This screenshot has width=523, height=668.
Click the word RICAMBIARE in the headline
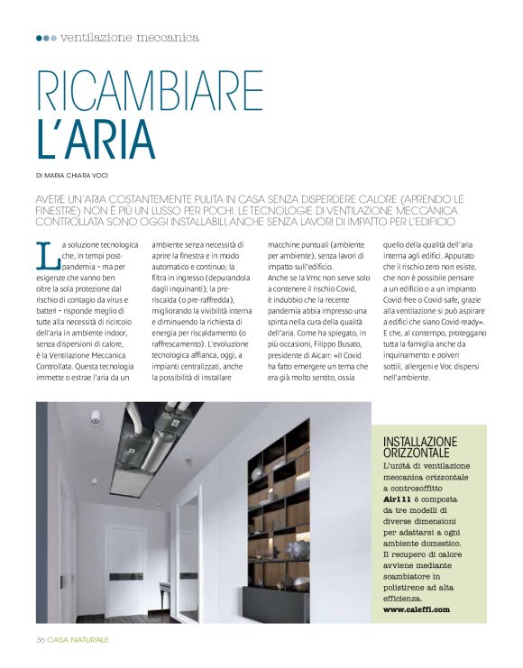click(x=150, y=92)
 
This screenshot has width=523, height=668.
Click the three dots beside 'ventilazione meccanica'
click(x=45, y=38)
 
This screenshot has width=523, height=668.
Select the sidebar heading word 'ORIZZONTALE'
click(x=421, y=454)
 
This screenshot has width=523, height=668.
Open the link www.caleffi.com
click(x=416, y=609)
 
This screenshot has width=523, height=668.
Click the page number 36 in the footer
click(x=40, y=639)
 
